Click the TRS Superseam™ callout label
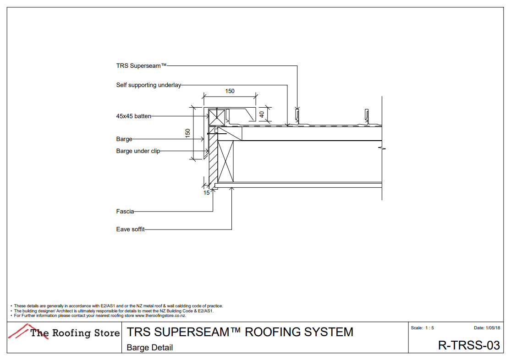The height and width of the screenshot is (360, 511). [x=141, y=65]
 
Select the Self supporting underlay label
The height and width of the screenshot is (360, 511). [x=149, y=85]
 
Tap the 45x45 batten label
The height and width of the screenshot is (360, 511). [x=133, y=116]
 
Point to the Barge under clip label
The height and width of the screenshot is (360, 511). [x=138, y=151]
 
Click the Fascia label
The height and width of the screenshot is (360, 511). [x=125, y=212]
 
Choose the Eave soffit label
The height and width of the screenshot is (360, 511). [x=130, y=229]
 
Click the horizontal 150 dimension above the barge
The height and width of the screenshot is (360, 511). [x=230, y=91]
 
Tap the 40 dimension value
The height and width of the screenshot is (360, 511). [x=262, y=114]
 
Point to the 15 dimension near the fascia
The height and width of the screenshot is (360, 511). [x=207, y=193]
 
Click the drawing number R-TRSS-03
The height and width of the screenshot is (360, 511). [x=468, y=345]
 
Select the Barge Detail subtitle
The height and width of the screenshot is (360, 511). [x=150, y=348]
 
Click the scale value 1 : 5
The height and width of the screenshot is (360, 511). [x=429, y=328]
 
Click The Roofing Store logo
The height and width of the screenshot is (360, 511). [x=64, y=333]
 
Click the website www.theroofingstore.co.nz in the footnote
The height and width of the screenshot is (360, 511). [x=160, y=316]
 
